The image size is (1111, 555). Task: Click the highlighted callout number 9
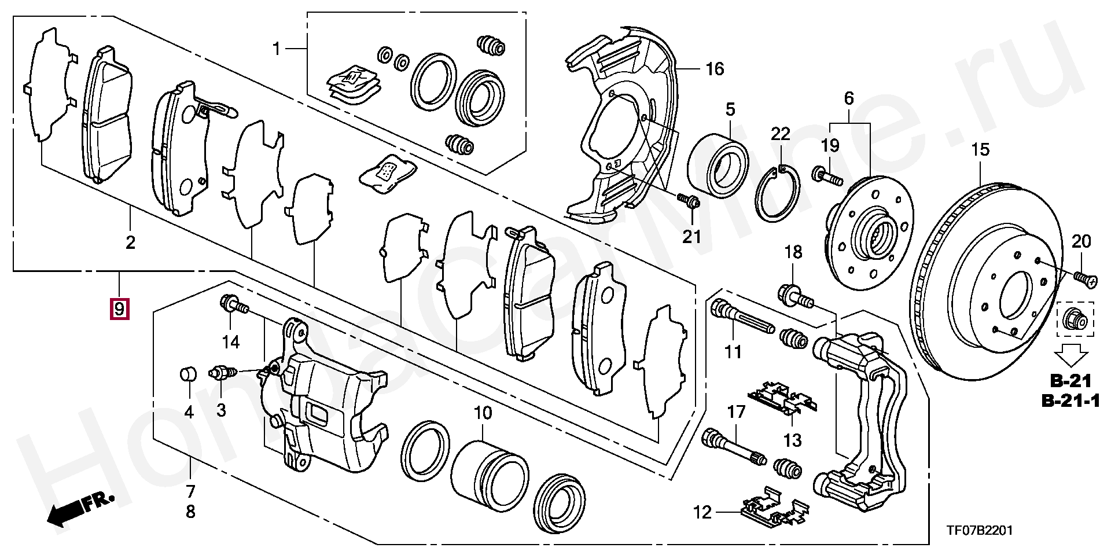(119, 309)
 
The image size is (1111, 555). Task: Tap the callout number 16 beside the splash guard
(715, 69)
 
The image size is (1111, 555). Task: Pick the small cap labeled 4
(187, 374)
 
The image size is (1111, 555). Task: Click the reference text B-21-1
(1070, 400)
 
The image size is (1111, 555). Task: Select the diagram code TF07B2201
(979, 531)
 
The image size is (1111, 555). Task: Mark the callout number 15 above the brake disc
(980, 150)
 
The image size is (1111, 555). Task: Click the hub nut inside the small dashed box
(1076, 319)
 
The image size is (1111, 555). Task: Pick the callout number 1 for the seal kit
(276, 49)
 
